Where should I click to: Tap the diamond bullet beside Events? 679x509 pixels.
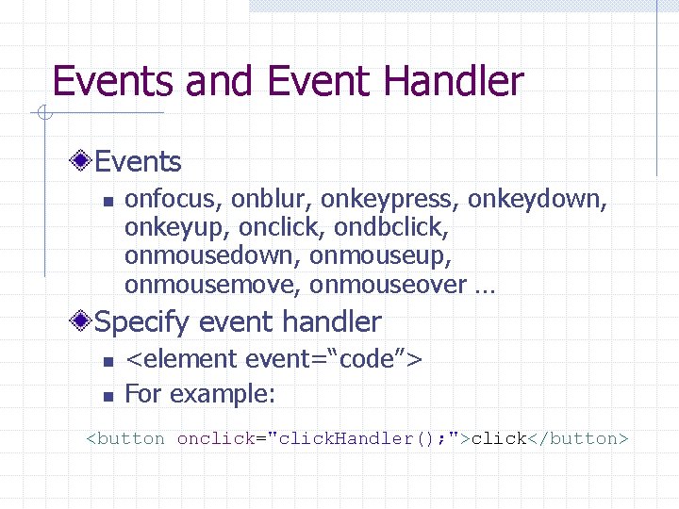point(84,162)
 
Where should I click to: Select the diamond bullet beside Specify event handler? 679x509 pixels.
point(84,322)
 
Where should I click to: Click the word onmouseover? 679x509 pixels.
point(388,285)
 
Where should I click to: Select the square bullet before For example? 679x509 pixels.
point(108,396)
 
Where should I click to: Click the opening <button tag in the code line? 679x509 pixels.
point(125,438)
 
